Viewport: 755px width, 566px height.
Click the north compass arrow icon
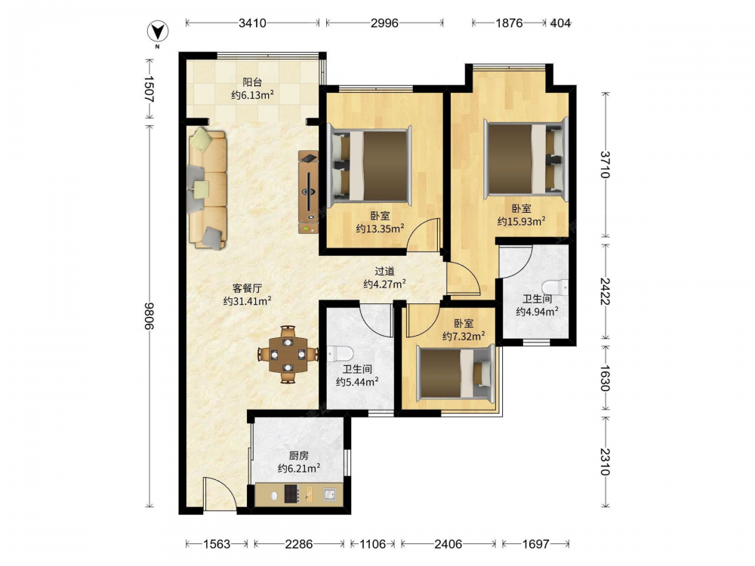(x=158, y=32)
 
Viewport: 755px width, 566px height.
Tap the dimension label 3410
(x=252, y=23)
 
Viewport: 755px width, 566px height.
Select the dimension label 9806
(x=149, y=316)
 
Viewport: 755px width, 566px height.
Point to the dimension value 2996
(x=384, y=23)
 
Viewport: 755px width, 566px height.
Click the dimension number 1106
(x=373, y=544)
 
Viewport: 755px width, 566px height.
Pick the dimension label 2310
(x=606, y=462)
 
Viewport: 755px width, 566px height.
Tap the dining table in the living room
(x=288, y=355)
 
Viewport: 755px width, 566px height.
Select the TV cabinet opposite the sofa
(x=308, y=192)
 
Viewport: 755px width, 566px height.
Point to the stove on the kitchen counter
(x=291, y=494)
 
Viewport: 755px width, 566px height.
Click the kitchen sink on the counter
(x=330, y=494)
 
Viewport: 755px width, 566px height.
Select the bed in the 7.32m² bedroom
(x=455, y=373)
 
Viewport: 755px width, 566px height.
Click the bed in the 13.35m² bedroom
(x=370, y=166)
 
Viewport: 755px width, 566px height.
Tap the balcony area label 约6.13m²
(x=253, y=95)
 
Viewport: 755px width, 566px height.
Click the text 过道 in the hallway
(x=384, y=272)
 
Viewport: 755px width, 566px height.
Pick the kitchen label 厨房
(x=298, y=455)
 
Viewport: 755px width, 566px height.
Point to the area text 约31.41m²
(x=248, y=301)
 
